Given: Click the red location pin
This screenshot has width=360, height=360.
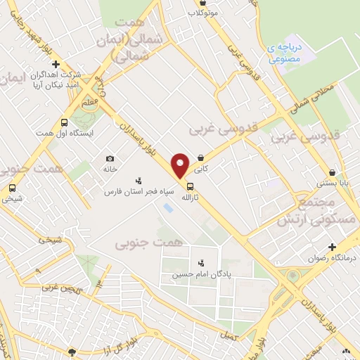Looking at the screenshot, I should (x=181, y=165).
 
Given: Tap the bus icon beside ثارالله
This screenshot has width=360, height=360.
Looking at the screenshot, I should (x=191, y=186).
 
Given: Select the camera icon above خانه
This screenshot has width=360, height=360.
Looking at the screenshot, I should (x=110, y=159).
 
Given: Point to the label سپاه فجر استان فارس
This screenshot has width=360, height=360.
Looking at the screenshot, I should (x=139, y=191).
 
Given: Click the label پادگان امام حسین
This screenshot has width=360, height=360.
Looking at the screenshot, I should (x=201, y=274).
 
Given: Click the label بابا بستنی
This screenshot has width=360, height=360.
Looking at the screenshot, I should (x=332, y=184).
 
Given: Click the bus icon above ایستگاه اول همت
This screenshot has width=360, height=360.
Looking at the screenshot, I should (x=65, y=121).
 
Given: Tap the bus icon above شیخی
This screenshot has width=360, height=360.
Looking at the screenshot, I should (x=11, y=188).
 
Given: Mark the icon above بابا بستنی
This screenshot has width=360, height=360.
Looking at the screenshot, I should (x=332, y=172).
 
